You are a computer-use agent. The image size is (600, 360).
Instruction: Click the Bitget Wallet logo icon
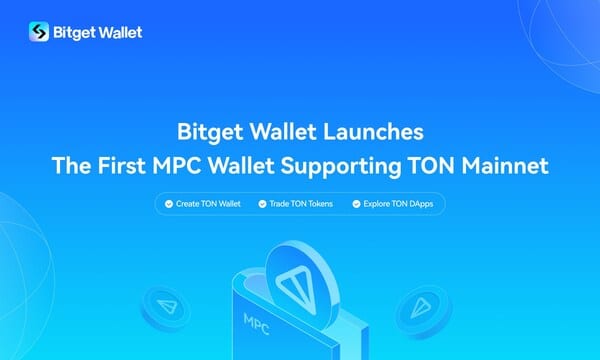tap(39, 31)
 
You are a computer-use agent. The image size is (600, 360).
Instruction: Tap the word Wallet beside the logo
tap(119, 32)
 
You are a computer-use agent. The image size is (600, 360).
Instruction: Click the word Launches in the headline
tap(373, 132)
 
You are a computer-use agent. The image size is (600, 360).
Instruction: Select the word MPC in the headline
tap(177, 166)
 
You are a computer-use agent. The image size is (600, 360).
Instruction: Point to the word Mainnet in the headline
tap(505, 166)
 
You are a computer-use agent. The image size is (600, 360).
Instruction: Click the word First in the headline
tap(121, 166)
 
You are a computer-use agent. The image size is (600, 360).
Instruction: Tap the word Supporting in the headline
tap(341, 167)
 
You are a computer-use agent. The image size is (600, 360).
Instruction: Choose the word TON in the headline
tap(431, 166)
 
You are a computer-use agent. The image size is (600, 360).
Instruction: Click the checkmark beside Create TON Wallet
tap(169, 204)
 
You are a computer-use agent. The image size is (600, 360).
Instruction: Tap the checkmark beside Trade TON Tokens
tap(262, 204)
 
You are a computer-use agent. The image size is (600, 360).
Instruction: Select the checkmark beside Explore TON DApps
tap(356, 204)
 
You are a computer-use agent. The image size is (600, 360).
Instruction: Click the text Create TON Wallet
tap(208, 204)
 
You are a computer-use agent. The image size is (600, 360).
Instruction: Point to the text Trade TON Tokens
tap(301, 204)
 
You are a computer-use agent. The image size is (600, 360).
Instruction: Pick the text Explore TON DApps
tap(398, 204)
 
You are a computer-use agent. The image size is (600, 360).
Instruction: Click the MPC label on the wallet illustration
tap(256, 324)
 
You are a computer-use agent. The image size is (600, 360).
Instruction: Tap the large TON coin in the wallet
tap(302, 286)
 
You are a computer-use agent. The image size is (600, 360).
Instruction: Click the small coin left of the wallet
tap(166, 308)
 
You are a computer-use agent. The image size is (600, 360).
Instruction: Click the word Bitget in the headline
tap(210, 133)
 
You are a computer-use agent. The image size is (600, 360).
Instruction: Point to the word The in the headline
tap(72, 166)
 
